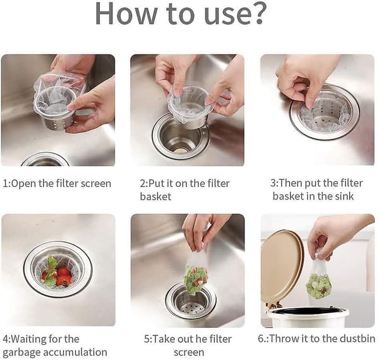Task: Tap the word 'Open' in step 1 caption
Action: [24, 184]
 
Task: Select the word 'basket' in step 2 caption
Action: [155, 196]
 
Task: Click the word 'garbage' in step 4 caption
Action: [20, 352]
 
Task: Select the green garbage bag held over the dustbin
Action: [318, 283]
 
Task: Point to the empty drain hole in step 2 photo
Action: [180, 140]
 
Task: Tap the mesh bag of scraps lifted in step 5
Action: [196, 275]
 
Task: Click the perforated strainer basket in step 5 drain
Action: [191, 303]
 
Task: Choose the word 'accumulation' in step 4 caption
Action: [73, 352]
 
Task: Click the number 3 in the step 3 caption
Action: [273, 183]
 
